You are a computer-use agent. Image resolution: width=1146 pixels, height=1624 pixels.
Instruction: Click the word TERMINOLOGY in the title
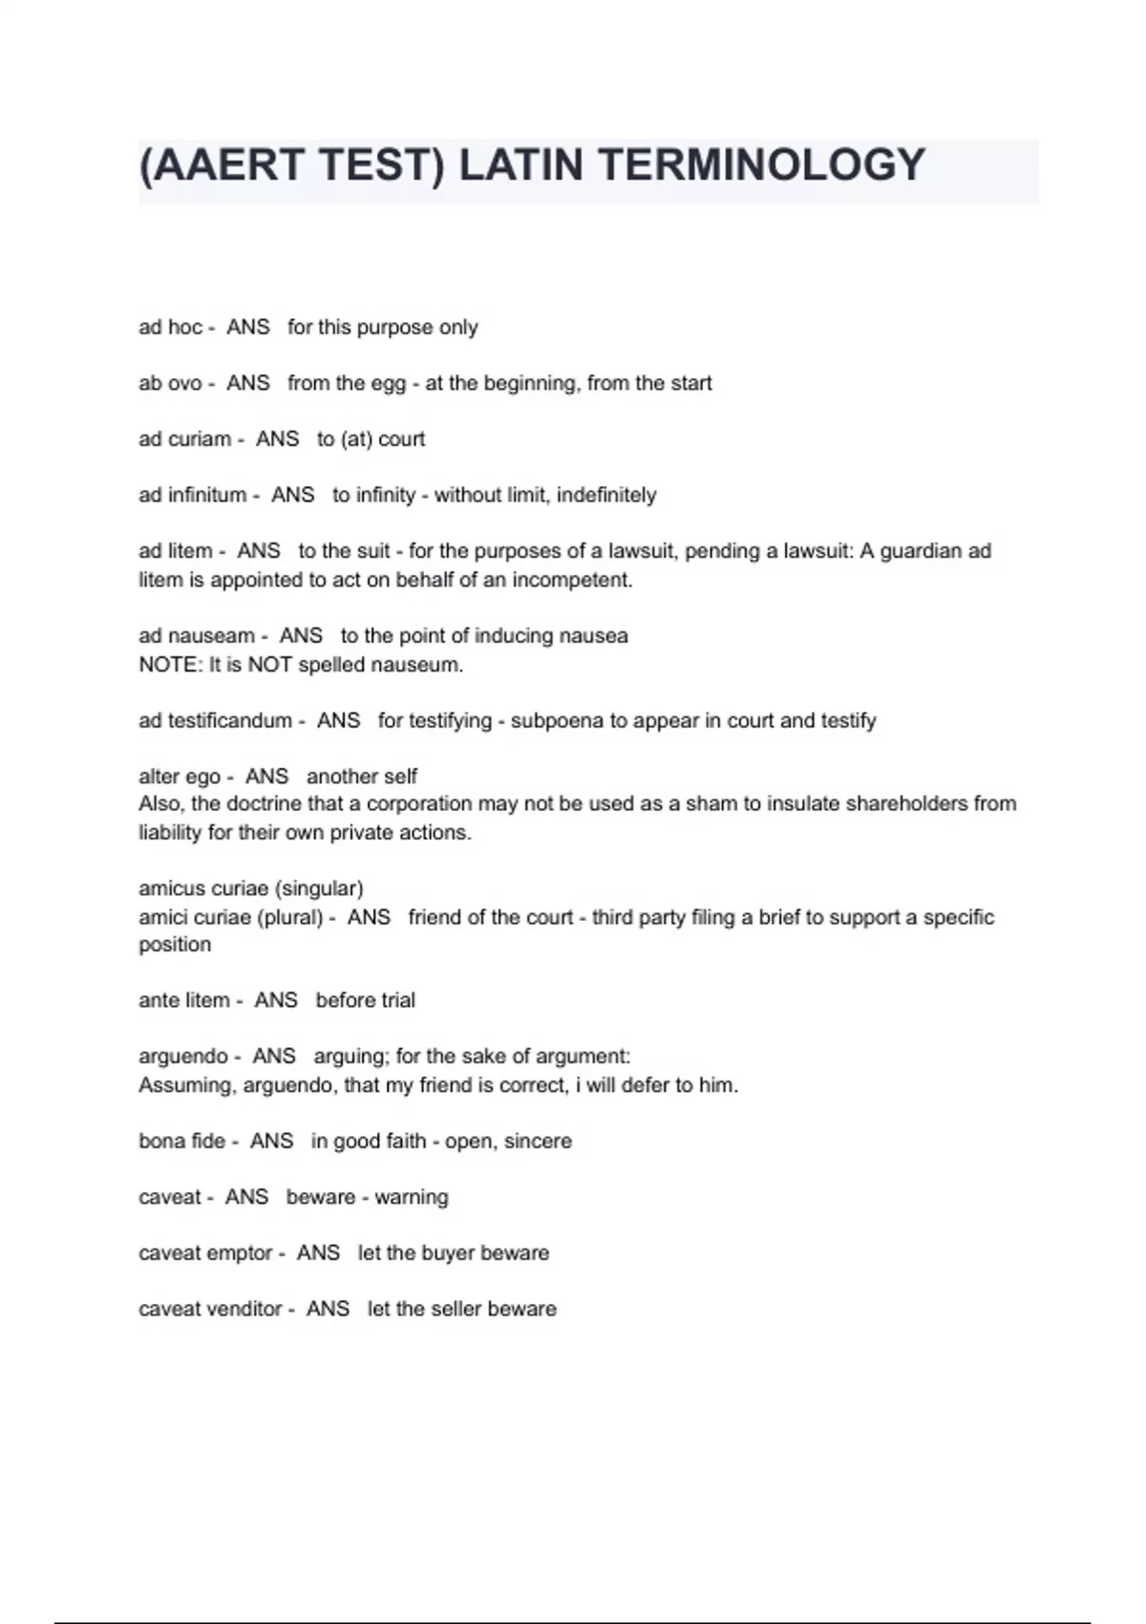761,164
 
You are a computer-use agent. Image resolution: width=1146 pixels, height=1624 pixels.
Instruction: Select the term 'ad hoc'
170,328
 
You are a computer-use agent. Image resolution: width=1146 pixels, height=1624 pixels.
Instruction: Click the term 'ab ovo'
170,383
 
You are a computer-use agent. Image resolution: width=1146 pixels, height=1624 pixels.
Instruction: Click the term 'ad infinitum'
192,495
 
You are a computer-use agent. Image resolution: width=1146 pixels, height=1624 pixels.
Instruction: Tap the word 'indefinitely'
606,495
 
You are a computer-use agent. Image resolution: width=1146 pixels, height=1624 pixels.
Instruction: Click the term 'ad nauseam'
196,636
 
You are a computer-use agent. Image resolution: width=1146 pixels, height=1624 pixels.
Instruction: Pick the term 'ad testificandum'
215,720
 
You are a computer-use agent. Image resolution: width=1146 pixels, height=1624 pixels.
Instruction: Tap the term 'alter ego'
179,777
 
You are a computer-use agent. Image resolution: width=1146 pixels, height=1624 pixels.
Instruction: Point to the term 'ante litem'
183,1000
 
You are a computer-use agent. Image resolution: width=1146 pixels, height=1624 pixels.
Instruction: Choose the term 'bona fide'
181,1141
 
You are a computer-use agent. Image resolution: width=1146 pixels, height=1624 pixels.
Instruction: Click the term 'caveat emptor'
204,1252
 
